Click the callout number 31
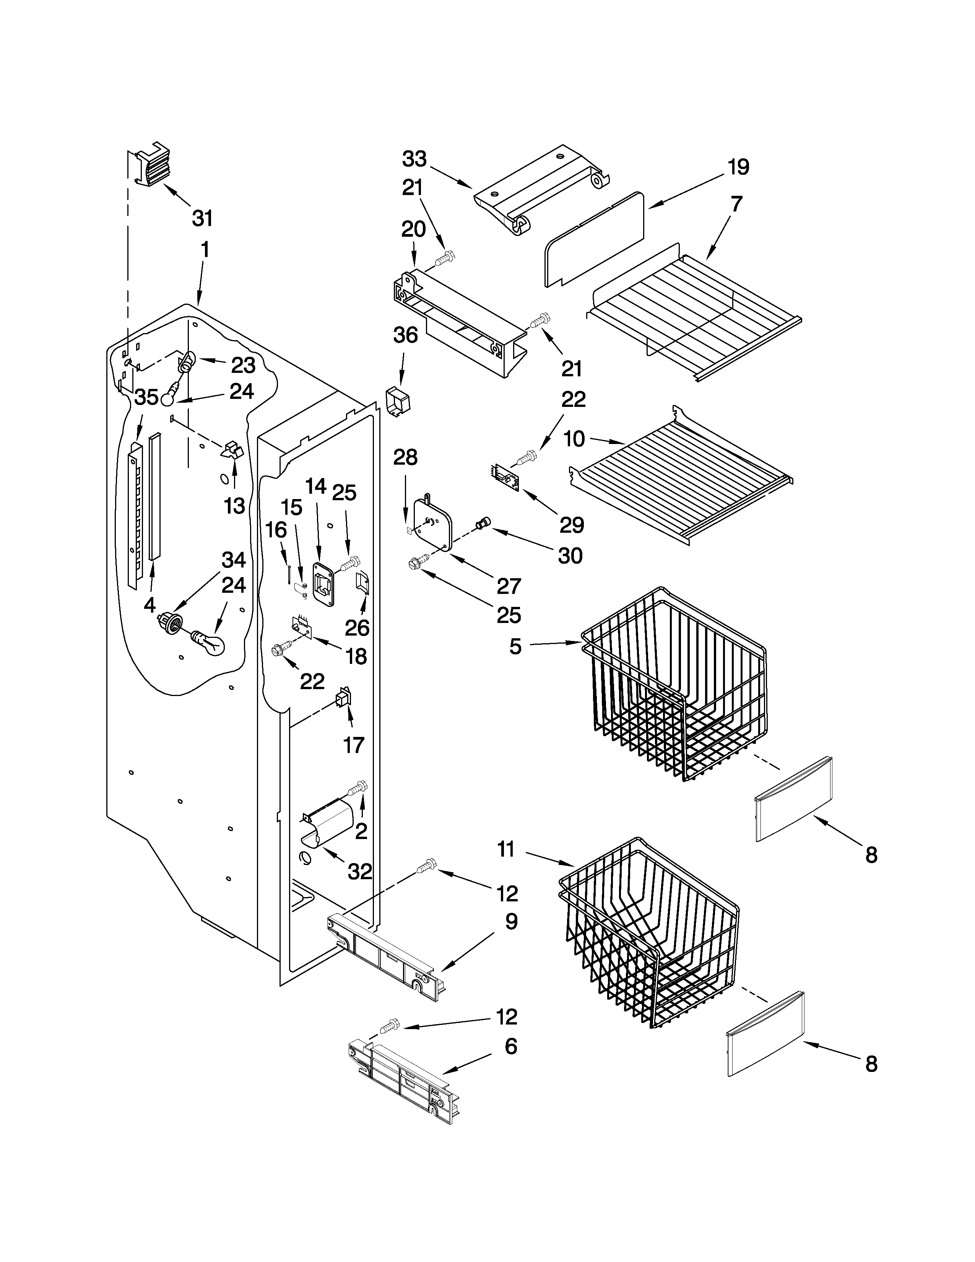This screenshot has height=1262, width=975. point(203,218)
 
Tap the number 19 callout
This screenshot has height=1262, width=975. point(738,167)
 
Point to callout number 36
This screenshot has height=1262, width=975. point(405,335)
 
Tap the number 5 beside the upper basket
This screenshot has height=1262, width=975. point(515,646)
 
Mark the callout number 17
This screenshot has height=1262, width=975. point(354,745)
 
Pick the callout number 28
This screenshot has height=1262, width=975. point(405,458)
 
